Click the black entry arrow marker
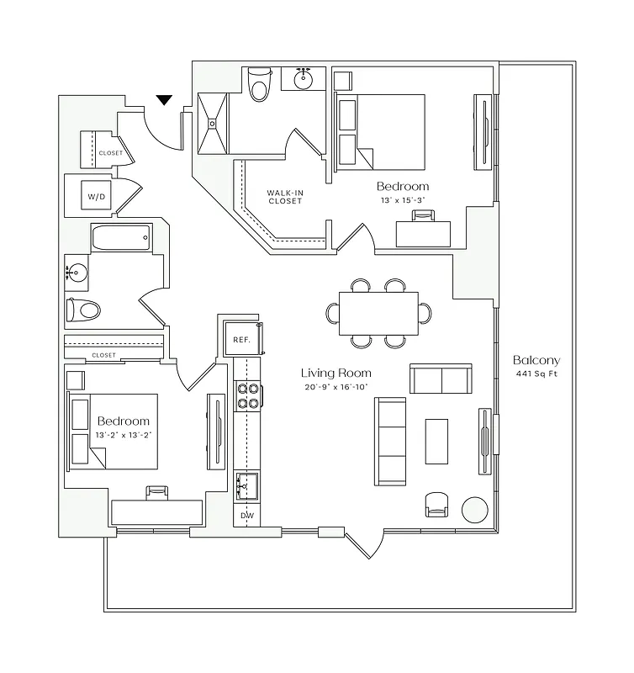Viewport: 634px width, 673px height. coord(164,100)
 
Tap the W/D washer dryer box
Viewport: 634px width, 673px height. coord(97,197)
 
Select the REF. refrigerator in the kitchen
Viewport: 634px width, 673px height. coord(241,338)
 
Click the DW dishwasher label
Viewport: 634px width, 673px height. coord(246,515)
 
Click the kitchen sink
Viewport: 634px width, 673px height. coord(246,484)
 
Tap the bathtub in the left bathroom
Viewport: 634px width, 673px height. coord(120,237)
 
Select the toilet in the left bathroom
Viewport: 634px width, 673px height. coord(83,310)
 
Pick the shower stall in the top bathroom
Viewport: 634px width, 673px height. coord(213,123)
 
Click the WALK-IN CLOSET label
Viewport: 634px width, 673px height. coord(284,197)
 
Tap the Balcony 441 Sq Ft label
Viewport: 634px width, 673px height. coord(536,367)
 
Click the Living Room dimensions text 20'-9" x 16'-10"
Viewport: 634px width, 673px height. coord(335,387)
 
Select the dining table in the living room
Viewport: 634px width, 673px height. coord(378,312)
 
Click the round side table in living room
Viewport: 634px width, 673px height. coord(475,510)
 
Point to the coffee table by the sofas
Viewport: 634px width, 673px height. coord(436,441)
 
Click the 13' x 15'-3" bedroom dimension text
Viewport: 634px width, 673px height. coord(402,201)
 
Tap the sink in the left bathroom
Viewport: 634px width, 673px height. coord(77,273)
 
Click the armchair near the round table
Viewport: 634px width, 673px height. coord(437,504)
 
